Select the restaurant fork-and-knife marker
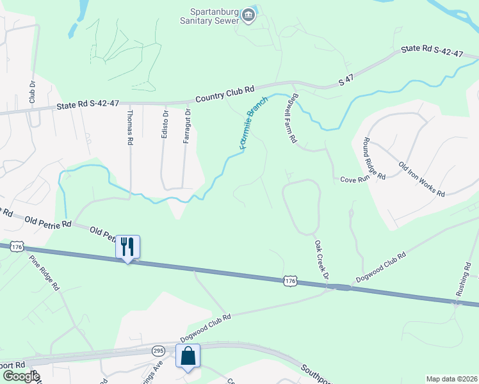click(x=127, y=246)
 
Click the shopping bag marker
click(x=188, y=355)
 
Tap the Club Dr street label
click(x=31, y=92)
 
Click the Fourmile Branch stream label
click(x=253, y=125)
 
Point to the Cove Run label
click(x=355, y=180)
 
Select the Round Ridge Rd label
click(x=374, y=158)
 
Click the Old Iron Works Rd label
click(x=421, y=179)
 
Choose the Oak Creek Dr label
click(x=321, y=259)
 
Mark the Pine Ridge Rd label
click(x=44, y=273)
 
